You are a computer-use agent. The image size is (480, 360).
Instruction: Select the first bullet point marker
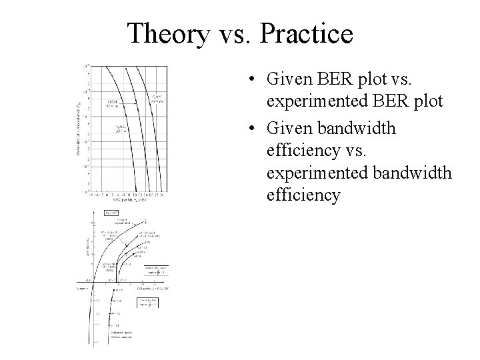point(247,80)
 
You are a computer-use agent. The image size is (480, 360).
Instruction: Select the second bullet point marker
point(247,128)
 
